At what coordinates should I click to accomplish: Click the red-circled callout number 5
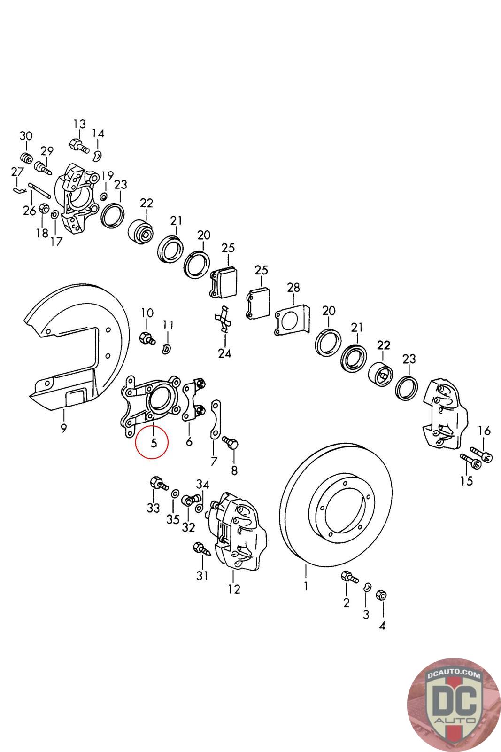click(x=154, y=443)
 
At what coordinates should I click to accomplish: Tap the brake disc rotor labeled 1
click(x=336, y=507)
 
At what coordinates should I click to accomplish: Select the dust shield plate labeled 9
click(x=79, y=347)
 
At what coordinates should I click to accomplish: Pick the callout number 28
click(x=293, y=288)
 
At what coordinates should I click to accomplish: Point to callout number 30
click(x=26, y=136)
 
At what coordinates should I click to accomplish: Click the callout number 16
click(x=484, y=431)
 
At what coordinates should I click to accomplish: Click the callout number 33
click(x=153, y=508)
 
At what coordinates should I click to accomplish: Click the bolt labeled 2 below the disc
click(x=349, y=577)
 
